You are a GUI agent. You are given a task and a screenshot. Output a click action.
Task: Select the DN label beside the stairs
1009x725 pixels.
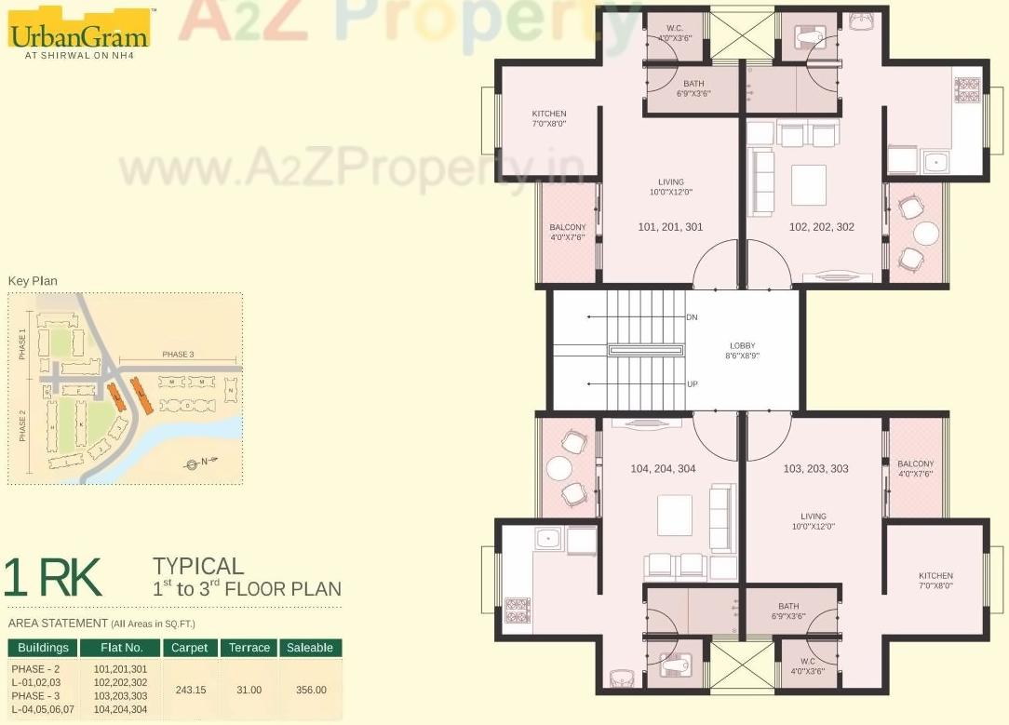(692, 317)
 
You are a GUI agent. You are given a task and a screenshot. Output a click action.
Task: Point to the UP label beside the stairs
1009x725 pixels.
(692, 383)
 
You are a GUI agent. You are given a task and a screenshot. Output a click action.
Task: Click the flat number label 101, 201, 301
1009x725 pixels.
(670, 227)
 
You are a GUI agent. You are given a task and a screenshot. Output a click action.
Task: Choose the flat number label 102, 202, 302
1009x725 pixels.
(821, 227)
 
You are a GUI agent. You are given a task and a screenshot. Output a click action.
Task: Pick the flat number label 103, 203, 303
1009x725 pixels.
(816, 469)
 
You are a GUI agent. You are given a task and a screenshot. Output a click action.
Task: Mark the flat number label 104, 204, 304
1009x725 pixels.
(663, 469)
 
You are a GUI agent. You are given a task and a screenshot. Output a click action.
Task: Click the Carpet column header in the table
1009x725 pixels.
(190, 648)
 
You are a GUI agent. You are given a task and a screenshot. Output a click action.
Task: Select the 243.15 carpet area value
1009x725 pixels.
(190, 690)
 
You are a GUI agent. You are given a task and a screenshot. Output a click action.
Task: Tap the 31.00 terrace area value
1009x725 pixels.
(249, 690)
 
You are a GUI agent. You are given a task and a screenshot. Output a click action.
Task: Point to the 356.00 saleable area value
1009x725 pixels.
(310, 690)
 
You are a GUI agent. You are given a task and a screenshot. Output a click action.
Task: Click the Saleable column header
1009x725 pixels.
(310, 648)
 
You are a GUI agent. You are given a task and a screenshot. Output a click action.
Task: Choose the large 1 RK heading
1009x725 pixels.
(53, 578)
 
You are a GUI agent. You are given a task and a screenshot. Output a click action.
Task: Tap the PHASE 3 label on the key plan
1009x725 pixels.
(178, 355)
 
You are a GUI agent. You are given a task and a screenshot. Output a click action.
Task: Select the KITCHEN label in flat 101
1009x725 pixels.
(549, 118)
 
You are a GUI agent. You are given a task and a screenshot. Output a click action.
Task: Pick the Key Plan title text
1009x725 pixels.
(33, 280)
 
